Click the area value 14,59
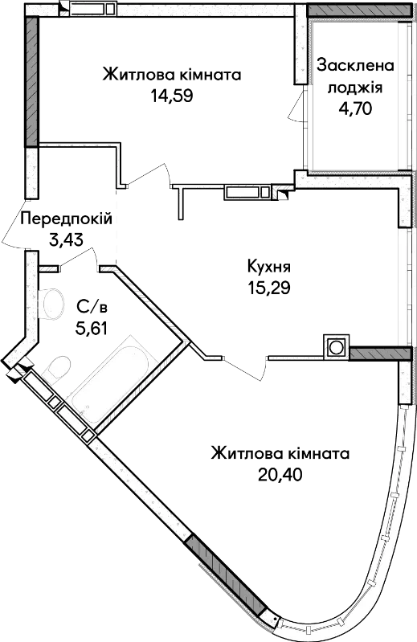[171, 96]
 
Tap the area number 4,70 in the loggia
[355, 108]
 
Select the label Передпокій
[66, 219]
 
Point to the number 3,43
[66, 239]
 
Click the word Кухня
[268, 268]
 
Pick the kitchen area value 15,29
[268, 288]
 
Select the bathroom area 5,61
[92, 328]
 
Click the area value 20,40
[280, 475]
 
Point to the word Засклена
[355, 67]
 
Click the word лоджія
[355, 88]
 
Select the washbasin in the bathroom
[51, 303]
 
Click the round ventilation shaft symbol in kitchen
[337, 348]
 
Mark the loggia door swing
[296, 105]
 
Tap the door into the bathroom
[79, 259]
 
